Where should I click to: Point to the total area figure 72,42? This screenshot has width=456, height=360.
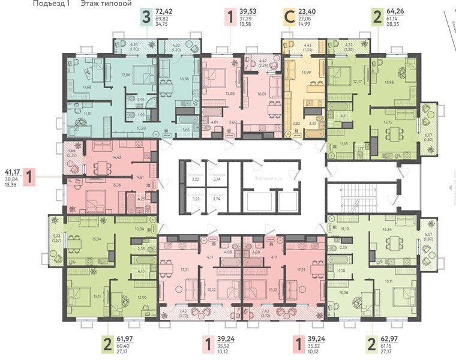(164, 11)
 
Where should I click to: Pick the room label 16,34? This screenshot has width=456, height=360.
(386, 229)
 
